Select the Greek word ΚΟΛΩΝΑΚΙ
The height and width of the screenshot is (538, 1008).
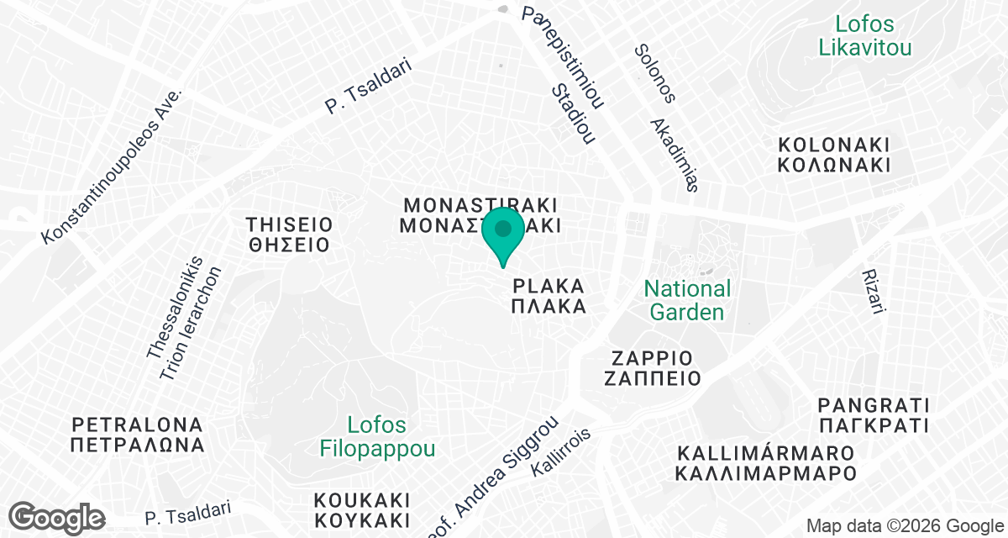[x=833, y=165]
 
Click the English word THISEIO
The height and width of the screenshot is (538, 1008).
[x=290, y=224]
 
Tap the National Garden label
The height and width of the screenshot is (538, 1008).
[x=687, y=300]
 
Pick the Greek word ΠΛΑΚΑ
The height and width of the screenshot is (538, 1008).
[x=549, y=307]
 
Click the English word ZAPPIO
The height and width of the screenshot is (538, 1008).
[x=652, y=356]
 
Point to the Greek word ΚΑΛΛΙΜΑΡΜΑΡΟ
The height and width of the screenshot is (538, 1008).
[x=766, y=474]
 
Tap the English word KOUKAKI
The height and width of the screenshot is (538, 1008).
[x=361, y=499]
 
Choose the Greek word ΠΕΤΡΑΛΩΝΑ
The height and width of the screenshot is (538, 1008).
[x=138, y=445]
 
